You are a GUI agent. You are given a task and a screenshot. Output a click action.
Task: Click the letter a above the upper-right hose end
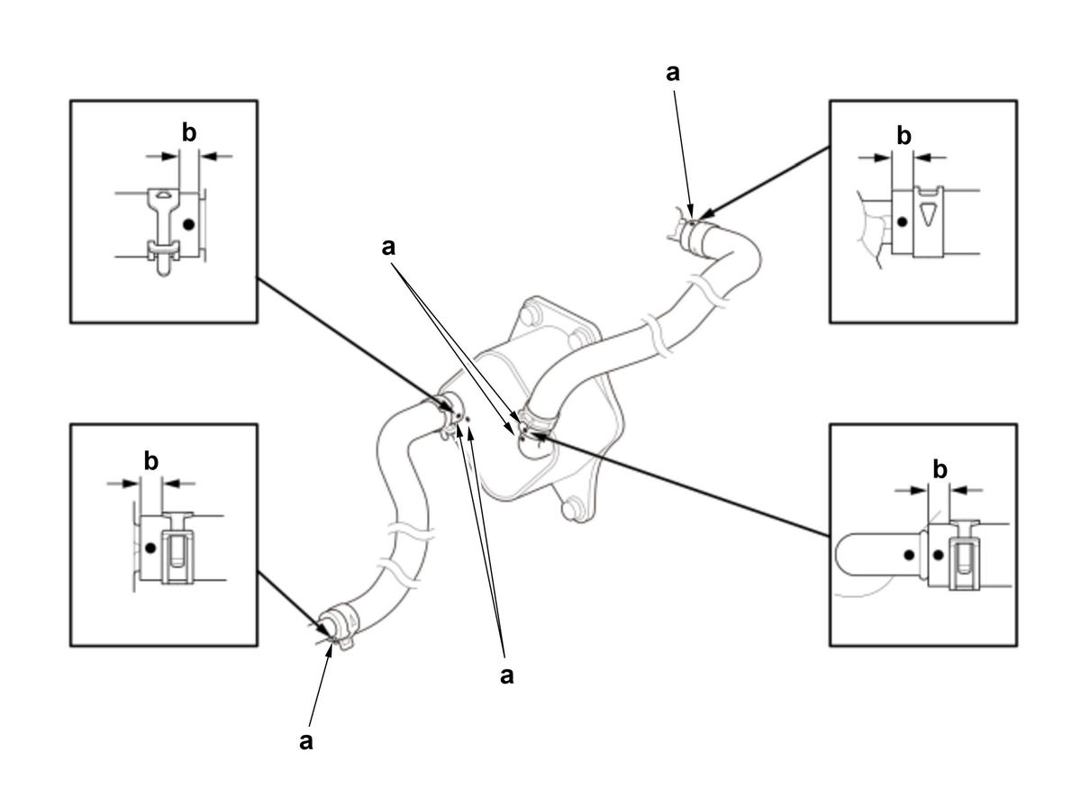[x=672, y=74]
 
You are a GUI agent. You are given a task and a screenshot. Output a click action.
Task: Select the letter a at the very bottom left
[x=305, y=741]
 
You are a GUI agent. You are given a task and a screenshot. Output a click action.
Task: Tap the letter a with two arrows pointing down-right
[x=388, y=248]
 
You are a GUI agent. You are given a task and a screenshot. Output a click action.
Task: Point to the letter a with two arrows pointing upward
[x=507, y=676]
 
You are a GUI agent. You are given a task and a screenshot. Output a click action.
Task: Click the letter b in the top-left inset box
[x=189, y=132]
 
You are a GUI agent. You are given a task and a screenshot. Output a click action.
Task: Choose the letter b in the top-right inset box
[x=904, y=135]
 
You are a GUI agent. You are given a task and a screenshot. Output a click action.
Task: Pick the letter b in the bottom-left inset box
[x=151, y=461]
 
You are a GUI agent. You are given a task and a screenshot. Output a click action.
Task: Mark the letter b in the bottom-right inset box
[x=940, y=469]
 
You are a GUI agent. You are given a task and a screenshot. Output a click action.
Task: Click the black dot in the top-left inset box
[x=188, y=225]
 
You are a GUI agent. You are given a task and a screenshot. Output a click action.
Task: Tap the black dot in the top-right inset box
[x=903, y=222]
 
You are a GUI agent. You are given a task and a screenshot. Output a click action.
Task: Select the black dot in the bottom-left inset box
[x=151, y=548]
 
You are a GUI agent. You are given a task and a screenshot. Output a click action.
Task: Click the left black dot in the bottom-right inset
[x=909, y=555]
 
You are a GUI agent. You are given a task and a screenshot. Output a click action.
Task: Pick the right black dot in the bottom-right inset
[x=938, y=555]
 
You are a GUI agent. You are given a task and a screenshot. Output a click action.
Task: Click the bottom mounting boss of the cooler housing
[x=574, y=508]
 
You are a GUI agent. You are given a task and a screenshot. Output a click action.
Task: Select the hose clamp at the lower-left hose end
[x=339, y=626]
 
